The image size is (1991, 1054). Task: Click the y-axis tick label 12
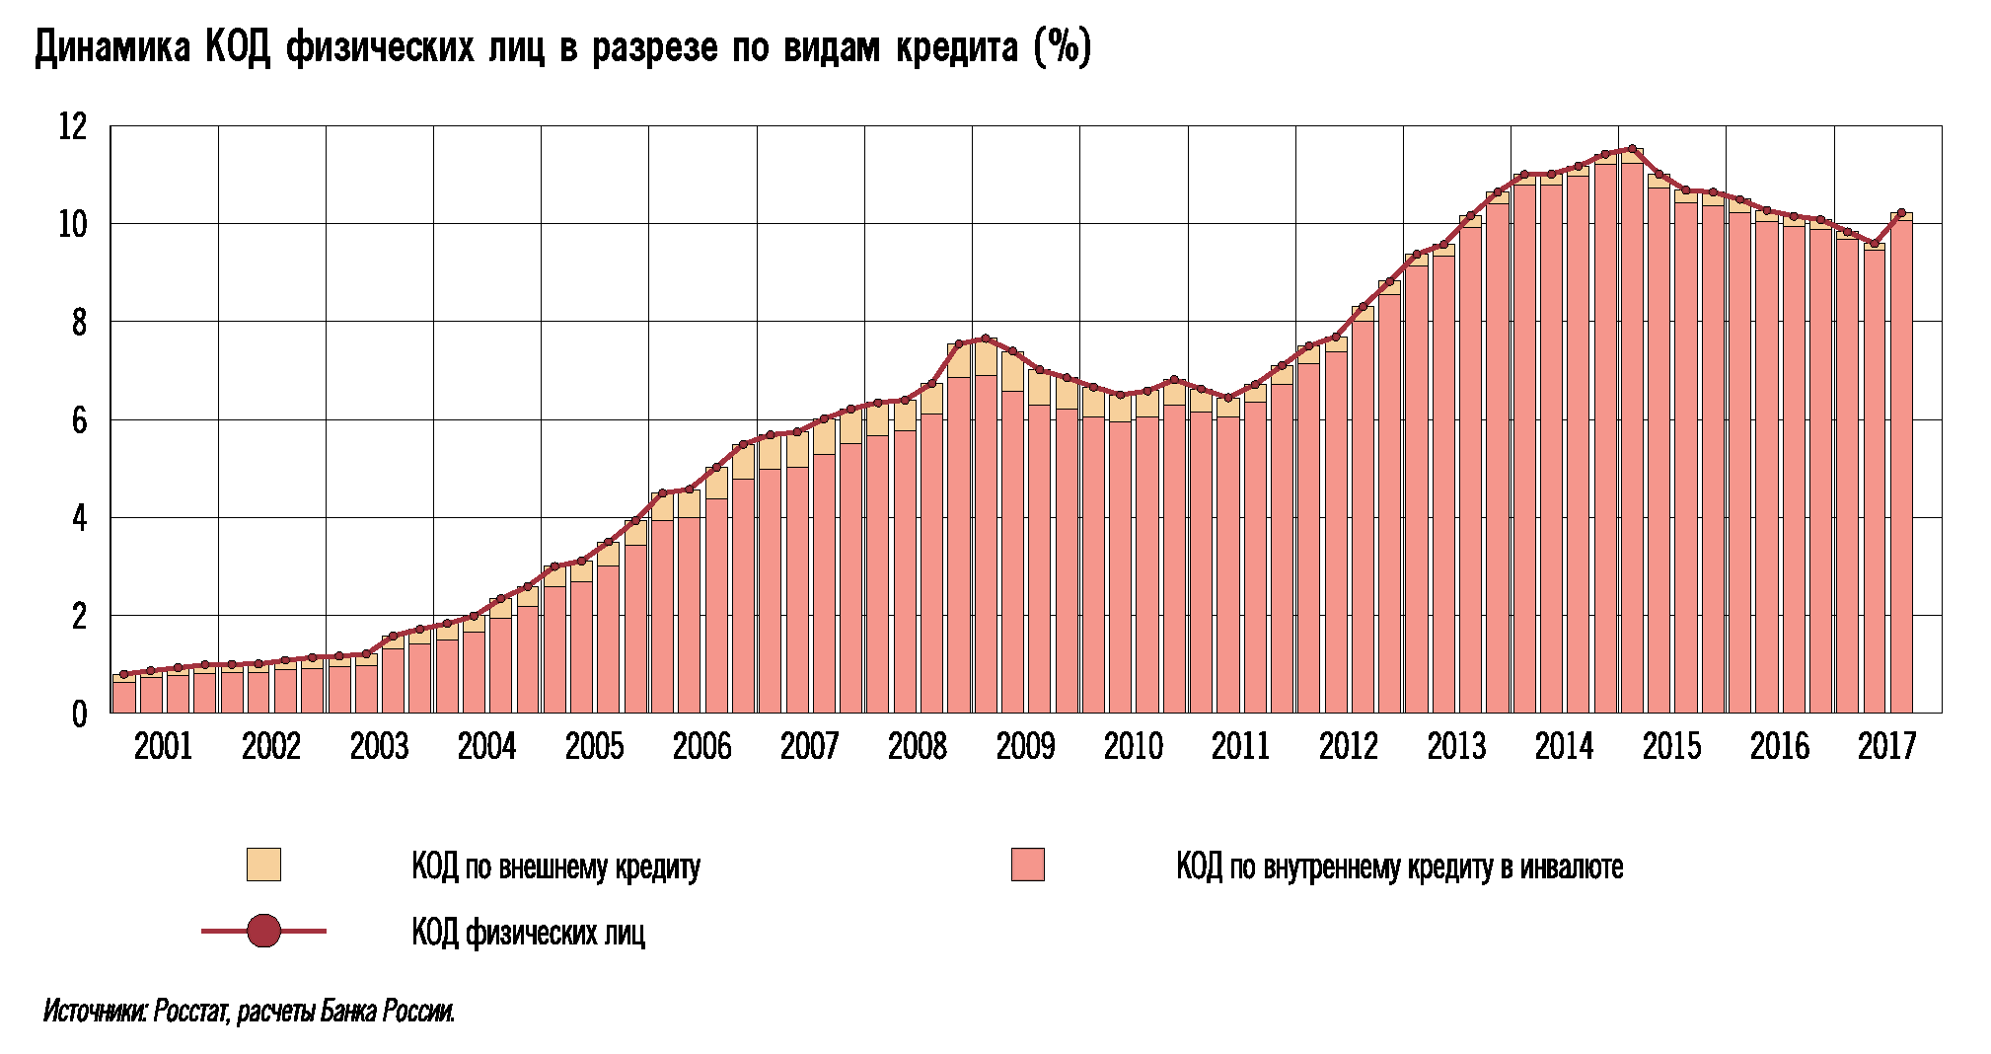[x=73, y=126]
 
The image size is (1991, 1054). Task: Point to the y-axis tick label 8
[x=79, y=323]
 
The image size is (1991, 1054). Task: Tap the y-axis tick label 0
[x=79, y=714]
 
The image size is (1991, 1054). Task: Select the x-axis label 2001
[x=163, y=746]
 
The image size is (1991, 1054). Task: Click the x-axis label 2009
[x=1025, y=746]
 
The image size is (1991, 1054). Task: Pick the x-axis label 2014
[x=1564, y=746]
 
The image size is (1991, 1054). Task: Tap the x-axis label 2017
[x=1886, y=746]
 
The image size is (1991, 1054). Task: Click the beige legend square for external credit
[x=263, y=865]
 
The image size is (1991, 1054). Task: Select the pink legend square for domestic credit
[x=1027, y=865]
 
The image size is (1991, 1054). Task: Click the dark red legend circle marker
[x=263, y=931]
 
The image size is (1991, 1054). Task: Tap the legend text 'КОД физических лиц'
[x=528, y=933]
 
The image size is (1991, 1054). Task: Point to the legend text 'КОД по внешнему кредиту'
[x=555, y=867]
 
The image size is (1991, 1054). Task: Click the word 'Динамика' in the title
[x=112, y=47]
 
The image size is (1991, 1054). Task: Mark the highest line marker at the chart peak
[x=1632, y=149]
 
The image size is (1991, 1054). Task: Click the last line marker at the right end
[x=1901, y=213]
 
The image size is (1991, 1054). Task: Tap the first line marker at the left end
[x=123, y=675]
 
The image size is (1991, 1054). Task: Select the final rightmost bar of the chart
[x=1901, y=464]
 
